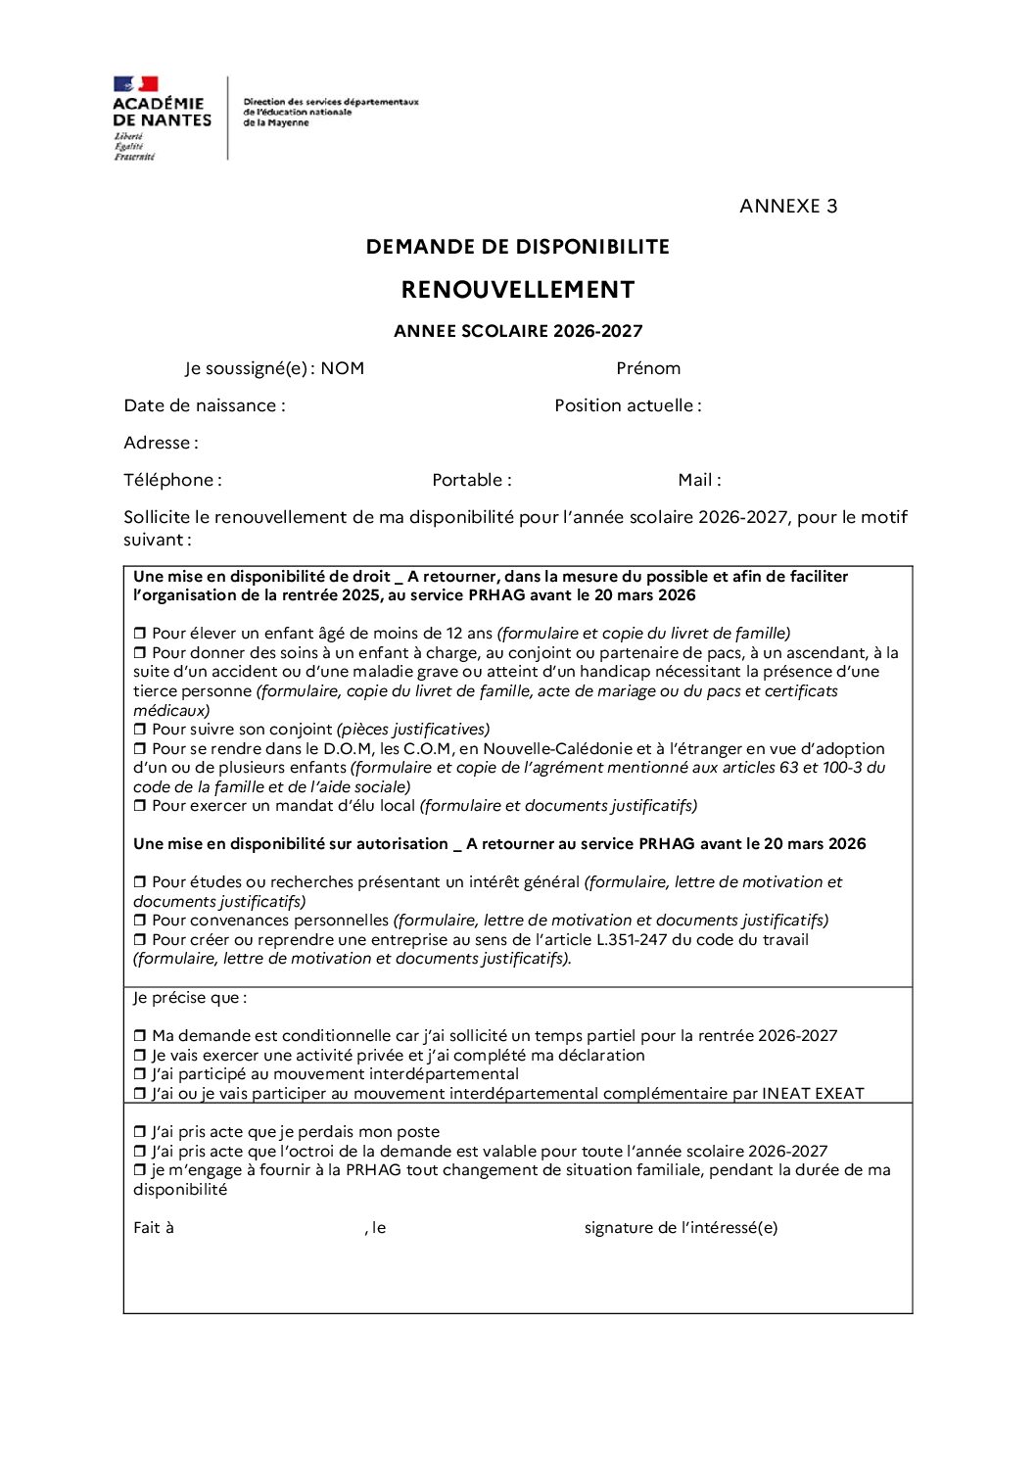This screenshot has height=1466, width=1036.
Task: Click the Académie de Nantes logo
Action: point(162,117)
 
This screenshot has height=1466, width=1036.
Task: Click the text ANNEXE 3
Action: point(788,206)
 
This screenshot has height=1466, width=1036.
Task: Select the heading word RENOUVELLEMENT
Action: point(518,290)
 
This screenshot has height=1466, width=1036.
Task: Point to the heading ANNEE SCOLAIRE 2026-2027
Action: point(518,331)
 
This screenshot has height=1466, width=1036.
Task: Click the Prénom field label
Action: point(648,368)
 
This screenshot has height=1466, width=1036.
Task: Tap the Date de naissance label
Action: point(205,405)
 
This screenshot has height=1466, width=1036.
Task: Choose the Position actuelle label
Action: point(628,405)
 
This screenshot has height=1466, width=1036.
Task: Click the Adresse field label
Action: point(161,443)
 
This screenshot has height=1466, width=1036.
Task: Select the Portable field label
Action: point(471,480)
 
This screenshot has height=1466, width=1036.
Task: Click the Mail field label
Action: point(699,480)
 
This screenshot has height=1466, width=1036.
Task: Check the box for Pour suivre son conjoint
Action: point(140,730)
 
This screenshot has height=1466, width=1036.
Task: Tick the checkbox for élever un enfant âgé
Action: point(140,634)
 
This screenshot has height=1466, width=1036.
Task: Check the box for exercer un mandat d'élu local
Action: point(140,806)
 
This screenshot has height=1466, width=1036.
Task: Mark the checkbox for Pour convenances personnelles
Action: point(140,921)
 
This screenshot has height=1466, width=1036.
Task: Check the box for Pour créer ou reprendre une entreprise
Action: point(140,940)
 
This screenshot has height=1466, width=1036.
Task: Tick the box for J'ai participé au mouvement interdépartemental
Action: point(140,1074)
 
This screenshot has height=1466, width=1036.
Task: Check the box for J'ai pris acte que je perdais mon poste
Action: point(140,1132)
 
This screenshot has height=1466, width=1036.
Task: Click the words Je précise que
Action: point(190,998)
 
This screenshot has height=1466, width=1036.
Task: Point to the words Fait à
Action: point(154,1228)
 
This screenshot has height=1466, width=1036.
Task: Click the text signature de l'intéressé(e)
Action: point(681,1228)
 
